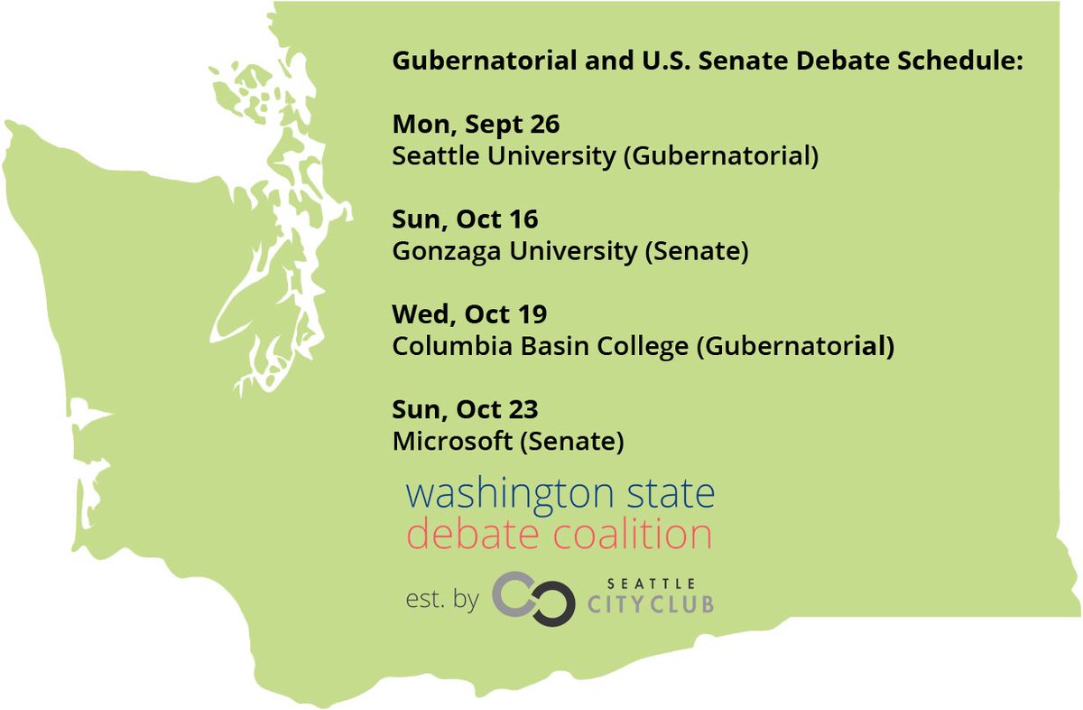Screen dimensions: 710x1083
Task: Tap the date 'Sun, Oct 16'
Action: pos(465,220)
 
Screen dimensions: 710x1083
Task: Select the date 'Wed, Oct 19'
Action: pos(469,315)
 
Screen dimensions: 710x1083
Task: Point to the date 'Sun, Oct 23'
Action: pos(465,410)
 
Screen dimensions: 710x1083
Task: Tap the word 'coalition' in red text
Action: pos(626,534)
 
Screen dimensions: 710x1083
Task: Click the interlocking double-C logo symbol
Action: pos(533,599)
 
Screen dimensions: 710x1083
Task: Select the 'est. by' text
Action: pos(442,600)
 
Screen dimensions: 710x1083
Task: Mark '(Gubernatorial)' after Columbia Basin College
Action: pos(795,347)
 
